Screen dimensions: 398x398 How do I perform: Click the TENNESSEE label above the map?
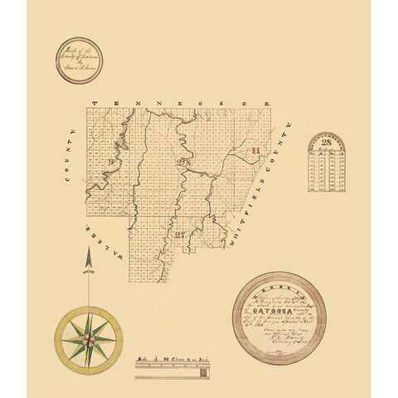click(x=181, y=103)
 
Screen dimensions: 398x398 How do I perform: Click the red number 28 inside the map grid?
click(x=181, y=161)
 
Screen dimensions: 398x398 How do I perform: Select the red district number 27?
click(x=180, y=235)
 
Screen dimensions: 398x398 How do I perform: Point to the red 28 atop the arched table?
click(x=326, y=143)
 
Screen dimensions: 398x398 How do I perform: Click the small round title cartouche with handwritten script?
click(x=79, y=61)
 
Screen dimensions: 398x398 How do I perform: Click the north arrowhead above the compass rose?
click(x=89, y=260)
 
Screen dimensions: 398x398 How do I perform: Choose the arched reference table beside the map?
click(x=326, y=163)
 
